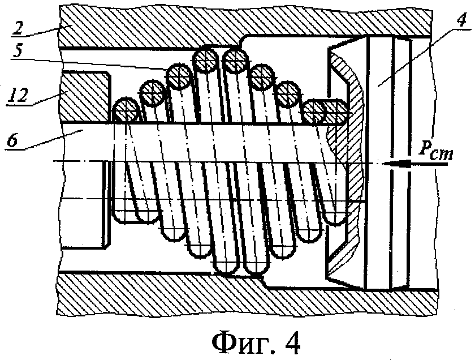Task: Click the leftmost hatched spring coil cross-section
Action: pos(126,110)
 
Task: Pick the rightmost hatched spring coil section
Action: pos(325,112)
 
